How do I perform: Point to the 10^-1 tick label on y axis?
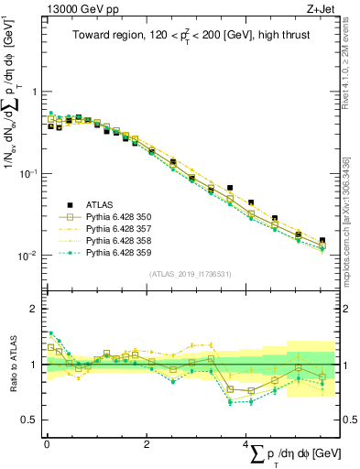point(27,173)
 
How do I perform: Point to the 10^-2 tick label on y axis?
point(27,256)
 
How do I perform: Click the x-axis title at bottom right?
point(293,455)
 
